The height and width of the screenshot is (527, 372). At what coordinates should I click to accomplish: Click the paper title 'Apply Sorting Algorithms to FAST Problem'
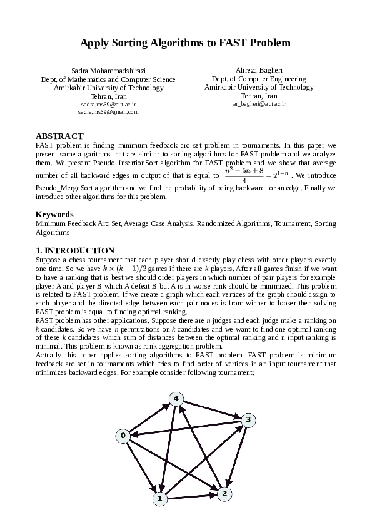[186, 43]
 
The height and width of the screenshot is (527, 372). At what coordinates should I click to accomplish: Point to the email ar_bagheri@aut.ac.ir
[259, 104]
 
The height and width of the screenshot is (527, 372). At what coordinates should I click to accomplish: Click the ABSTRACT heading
[59, 136]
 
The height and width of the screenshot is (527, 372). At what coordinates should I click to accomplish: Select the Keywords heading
[55, 214]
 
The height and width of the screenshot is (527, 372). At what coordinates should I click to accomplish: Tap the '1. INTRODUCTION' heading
[75, 250]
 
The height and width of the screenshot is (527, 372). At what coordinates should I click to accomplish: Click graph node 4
[177, 399]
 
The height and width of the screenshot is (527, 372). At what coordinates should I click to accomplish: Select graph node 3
[248, 420]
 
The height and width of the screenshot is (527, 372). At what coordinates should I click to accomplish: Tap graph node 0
[123, 435]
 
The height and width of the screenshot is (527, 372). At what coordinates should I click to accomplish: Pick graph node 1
[160, 499]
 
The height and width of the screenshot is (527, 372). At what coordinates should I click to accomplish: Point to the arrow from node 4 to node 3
[213, 409]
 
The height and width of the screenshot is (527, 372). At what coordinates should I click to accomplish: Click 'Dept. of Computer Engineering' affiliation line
[259, 79]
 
